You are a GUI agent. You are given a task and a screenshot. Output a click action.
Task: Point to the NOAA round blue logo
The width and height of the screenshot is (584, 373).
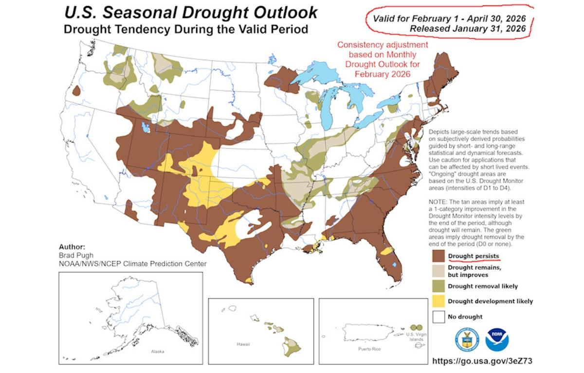(x=497, y=339)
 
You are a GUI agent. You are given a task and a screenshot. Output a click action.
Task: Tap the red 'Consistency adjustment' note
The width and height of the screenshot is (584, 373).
(x=383, y=45)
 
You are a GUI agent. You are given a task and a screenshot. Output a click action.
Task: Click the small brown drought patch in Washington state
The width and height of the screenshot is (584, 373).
(x=76, y=91)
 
